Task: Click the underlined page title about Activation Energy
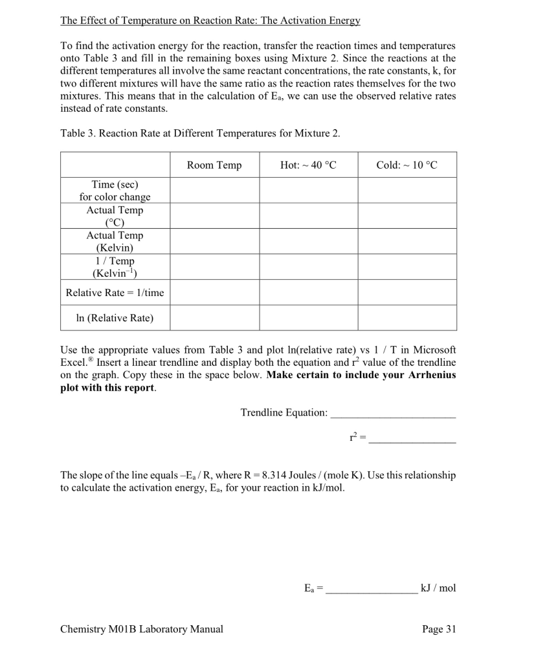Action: [210, 20]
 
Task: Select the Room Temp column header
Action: [214, 165]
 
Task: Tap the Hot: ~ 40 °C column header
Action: [309, 165]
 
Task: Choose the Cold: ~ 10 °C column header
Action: [406, 165]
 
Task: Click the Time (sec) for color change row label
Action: [115, 191]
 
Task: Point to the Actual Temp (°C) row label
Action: [115, 216]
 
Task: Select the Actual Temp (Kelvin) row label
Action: [115, 241]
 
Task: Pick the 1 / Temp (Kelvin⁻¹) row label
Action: [115, 267]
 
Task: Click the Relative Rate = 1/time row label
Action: [115, 293]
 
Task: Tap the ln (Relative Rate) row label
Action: [115, 318]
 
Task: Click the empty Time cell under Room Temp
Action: [214, 191]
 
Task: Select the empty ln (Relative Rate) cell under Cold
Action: [406, 318]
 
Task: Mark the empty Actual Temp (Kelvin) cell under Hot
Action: [309, 241]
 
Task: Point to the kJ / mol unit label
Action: [438, 588]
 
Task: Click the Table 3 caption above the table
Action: [200, 133]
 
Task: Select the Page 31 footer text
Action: [438, 629]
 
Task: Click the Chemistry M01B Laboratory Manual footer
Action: [142, 629]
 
